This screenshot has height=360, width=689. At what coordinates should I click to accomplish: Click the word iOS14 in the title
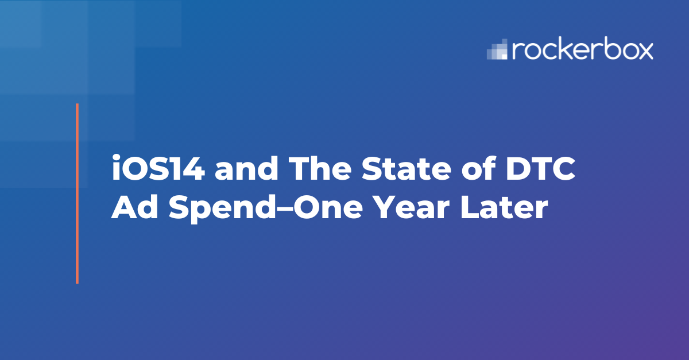click(158, 168)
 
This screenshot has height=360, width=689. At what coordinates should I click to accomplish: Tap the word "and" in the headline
click(246, 168)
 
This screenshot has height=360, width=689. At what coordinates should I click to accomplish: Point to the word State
click(407, 168)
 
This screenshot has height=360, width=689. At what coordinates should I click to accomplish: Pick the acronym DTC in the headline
click(541, 168)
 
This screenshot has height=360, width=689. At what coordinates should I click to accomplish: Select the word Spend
click(222, 208)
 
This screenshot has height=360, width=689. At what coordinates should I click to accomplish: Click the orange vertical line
click(77, 193)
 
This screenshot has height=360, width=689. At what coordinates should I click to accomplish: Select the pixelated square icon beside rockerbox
click(497, 49)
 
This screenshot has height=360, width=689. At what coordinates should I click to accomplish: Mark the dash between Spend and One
click(285, 208)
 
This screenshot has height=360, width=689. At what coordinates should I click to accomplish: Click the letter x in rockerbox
click(643, 51)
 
